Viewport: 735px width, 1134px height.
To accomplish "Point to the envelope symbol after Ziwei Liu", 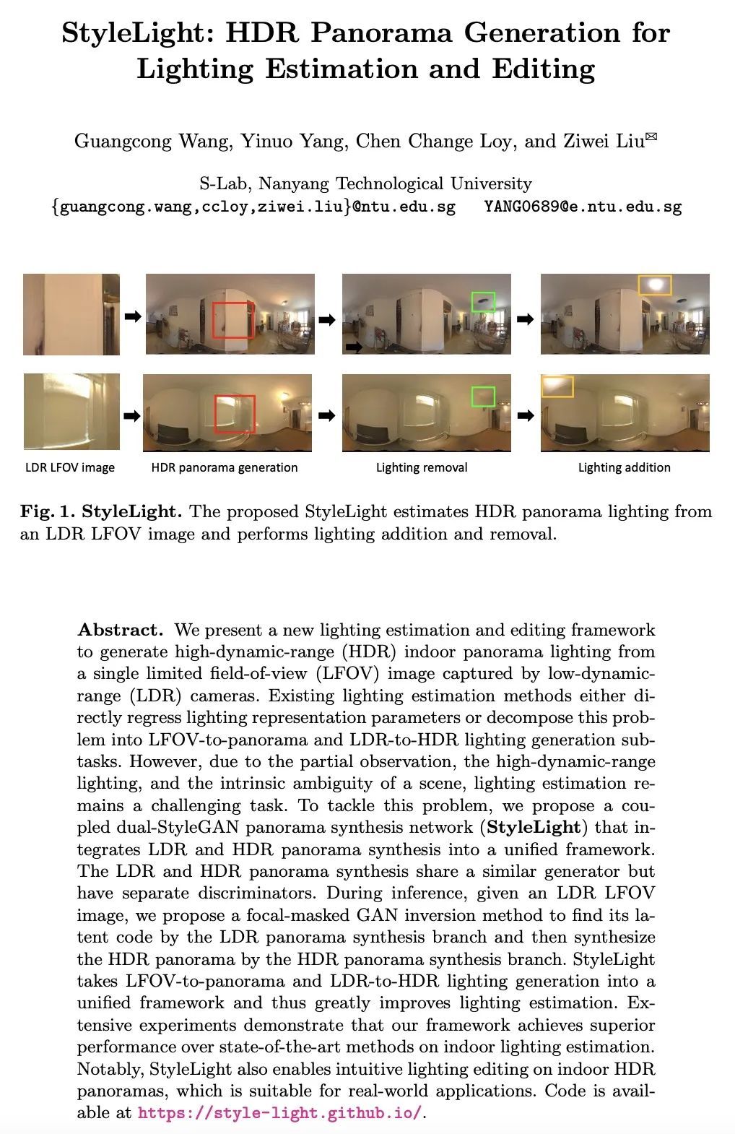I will pos(651,136).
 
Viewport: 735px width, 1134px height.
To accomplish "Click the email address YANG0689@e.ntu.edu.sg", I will pos(583,207).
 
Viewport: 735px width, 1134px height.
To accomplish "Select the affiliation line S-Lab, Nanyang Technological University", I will pos(365,183).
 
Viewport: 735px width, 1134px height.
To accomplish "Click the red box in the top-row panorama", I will pos(233,320).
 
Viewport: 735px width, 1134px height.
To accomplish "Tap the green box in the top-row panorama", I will pos(483,301).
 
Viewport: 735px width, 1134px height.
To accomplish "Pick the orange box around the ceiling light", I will pos(655,285).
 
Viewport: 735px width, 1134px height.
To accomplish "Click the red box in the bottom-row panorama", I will pos(235,414).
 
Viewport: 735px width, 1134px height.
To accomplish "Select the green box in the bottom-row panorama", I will pos(483,397).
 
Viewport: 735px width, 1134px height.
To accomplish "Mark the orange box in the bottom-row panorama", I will pos(557,386).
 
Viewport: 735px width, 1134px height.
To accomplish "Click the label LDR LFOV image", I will pos(70,467).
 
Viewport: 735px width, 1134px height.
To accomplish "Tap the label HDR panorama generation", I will pos(225,467).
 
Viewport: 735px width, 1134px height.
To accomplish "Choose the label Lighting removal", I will pos(422,467).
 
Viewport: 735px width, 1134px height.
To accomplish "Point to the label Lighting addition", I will pos(625,467).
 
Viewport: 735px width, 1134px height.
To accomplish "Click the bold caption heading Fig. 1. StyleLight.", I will pos(100,512).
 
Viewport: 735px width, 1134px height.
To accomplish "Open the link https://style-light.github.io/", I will pos(280,1112).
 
